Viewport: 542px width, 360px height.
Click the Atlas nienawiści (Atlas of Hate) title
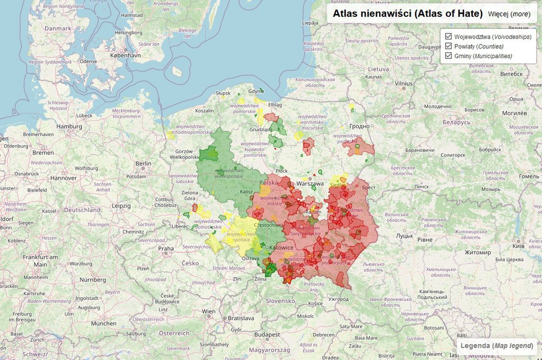point(407,13)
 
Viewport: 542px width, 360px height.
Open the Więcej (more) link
point(509,14)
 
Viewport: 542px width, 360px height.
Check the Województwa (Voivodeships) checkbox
point(449,37)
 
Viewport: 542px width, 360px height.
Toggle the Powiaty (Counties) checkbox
point(449,46)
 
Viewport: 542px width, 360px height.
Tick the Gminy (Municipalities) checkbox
point(449,56)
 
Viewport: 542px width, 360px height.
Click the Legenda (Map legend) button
point(496,346)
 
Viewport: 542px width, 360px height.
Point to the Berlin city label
point(143,163)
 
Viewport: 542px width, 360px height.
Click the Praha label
point(166,248)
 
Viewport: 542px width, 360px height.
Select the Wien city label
point(209,311)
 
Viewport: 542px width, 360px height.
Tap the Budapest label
point(267,335)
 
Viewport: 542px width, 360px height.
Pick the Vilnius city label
point(403,83)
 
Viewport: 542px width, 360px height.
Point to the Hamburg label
point(69,126)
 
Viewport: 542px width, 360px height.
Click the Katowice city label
point(281,248)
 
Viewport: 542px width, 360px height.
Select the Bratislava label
point(240,318)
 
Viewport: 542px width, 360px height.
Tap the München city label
point(104,323)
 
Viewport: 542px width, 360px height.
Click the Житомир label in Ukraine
point(477,252)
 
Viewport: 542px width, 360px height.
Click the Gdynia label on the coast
point(256,91)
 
